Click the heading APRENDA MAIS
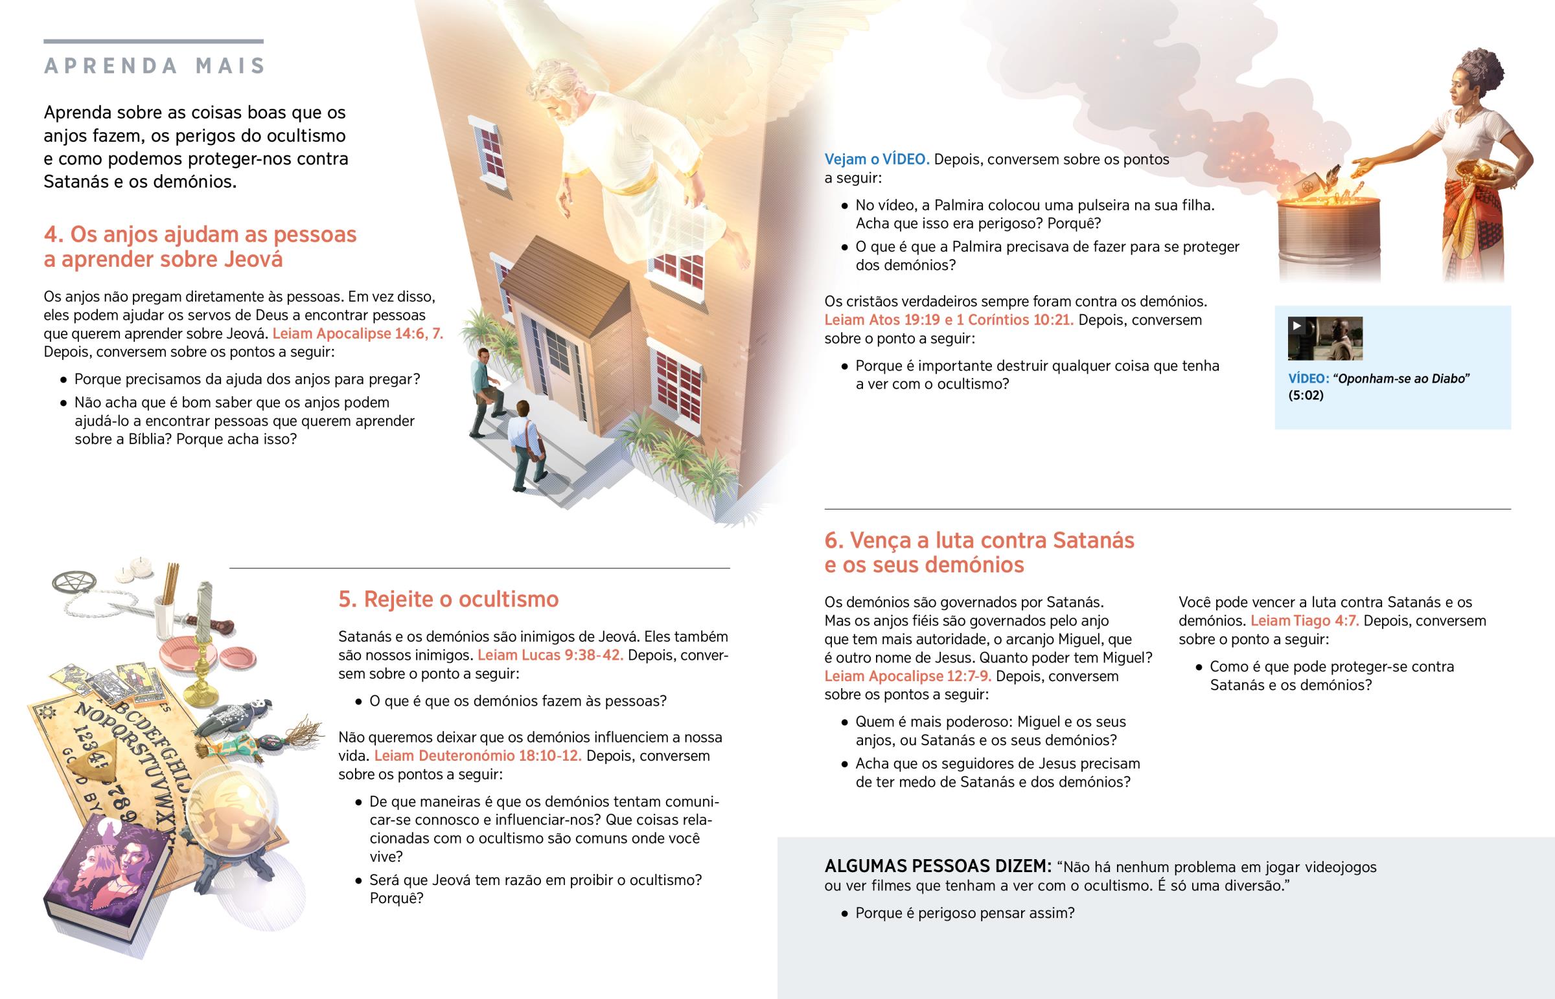[154, 65]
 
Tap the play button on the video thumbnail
[1296, 326]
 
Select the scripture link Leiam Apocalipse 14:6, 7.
[358, 333]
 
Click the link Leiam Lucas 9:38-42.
[550, 655]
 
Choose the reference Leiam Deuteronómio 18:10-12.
[478, 756]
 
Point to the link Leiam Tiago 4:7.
[1304, 621]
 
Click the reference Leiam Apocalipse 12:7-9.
[907, 676]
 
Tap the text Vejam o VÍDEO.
[876, 159]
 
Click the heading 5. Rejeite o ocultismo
[448, 599]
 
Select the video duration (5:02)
[1305, 396]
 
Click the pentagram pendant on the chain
[74, 582]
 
